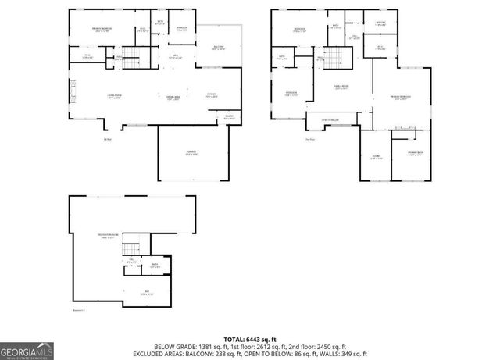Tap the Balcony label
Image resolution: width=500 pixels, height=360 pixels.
tap(220, 48)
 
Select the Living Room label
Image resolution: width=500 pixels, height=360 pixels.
tap(114, 96)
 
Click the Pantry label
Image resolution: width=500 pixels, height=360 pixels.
tap(229, 118)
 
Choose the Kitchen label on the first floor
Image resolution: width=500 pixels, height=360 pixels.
tap(212, 95)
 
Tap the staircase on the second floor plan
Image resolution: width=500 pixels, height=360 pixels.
tap(334, 59)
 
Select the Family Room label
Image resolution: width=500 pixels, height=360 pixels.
tap(341, 88)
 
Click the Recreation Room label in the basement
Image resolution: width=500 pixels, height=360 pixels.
tap(108, 236)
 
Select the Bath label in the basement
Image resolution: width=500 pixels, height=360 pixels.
tap(155, 266)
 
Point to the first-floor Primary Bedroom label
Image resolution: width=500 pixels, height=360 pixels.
tap(102, 30)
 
